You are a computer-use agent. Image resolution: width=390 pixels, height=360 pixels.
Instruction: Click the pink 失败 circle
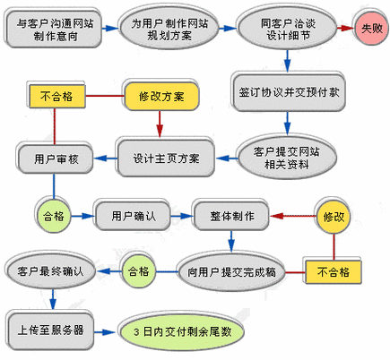pyautogui.click(x=369, y=30)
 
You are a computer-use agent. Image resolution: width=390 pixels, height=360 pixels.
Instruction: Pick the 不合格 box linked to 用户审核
pyautogui.click(x=56, y=93)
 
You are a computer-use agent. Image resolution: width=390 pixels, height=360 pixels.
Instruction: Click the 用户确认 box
pyautogui.click(x=134, y=217)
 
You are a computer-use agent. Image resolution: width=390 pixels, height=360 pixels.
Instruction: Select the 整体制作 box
pyautogui.click(x=231, y=217)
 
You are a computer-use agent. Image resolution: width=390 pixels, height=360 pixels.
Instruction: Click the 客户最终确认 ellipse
pyautogui.click(x=50, y=269)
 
